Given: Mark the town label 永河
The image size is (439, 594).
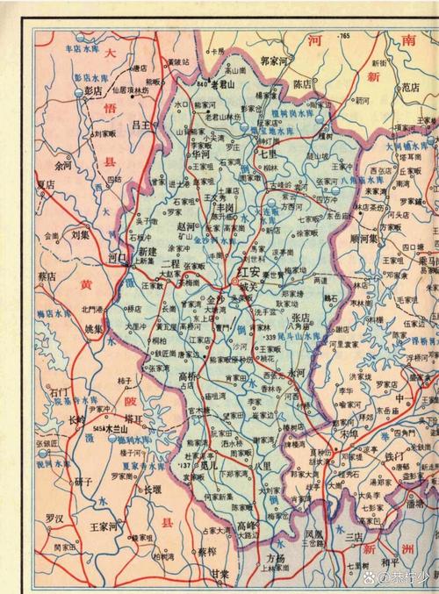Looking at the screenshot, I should (x=297, y=372).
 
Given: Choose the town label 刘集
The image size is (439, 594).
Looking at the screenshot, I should (x=81, y=235).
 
